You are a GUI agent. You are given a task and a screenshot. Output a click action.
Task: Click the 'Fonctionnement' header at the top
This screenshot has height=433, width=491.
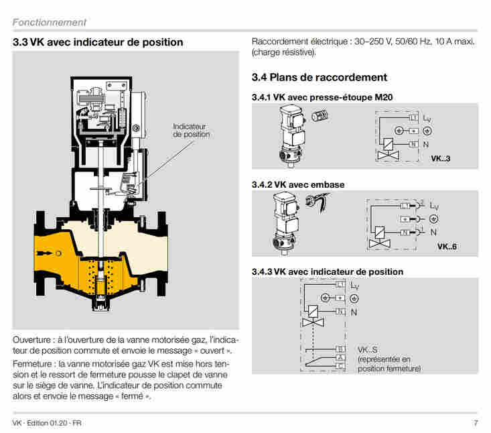coord(49,22)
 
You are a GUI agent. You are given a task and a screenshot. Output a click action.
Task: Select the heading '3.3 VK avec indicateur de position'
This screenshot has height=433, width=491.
coord(98,42)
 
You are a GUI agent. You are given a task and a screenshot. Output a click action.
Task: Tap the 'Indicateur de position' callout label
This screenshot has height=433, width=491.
coord(191,130)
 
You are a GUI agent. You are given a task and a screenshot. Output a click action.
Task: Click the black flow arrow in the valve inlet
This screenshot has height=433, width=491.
coord(48,253)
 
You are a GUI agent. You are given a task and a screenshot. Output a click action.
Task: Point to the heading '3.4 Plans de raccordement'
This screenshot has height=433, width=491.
coord(319,77)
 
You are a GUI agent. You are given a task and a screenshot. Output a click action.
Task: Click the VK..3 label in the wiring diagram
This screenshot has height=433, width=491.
coord(439,159)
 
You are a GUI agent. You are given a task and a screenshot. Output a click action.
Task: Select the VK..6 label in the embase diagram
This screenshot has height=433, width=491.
coord(447,247)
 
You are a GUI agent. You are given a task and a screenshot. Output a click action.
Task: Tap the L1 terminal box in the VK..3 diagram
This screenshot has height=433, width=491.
coord(413,117)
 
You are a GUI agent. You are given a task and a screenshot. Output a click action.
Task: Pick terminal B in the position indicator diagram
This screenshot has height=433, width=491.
coord(340,349)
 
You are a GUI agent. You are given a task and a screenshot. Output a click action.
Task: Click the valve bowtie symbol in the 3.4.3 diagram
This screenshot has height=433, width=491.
coord(311,323)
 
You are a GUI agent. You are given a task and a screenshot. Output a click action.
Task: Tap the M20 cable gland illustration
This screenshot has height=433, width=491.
coord(318,118)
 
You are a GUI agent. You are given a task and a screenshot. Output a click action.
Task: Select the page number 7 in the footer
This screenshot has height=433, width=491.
coord(475,423)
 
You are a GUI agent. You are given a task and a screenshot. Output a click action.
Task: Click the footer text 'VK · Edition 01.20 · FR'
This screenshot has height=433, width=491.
coord(47,423)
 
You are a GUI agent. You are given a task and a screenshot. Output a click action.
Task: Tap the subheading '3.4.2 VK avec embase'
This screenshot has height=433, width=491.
coord(298,184)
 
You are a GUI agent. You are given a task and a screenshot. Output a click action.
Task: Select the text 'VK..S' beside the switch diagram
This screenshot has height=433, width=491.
coord(367,350)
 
